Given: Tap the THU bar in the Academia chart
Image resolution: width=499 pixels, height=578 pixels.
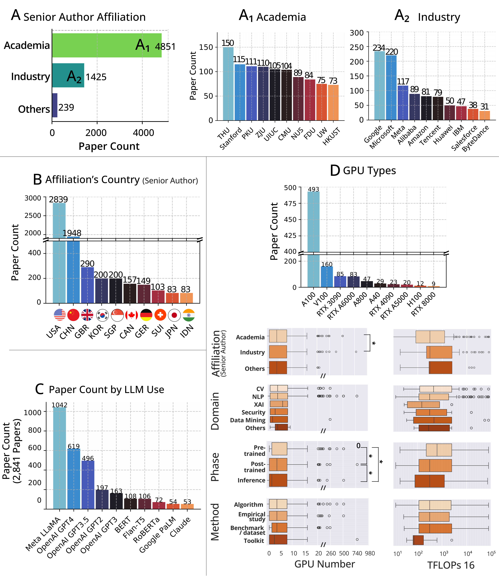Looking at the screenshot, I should pos(228,84).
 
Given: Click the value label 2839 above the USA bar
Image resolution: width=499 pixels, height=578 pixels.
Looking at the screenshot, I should pos(58,199).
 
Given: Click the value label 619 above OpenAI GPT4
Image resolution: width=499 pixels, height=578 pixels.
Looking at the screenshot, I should pos(74,446).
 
